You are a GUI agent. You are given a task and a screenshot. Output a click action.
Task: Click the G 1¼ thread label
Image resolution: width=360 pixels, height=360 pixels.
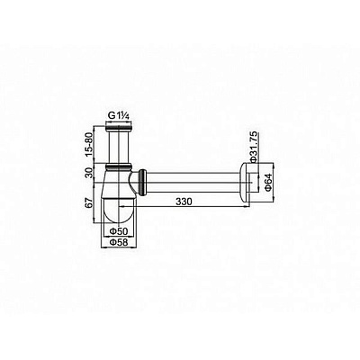click(120, 115)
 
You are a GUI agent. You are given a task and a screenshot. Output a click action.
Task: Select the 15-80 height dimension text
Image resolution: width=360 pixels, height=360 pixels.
click(89, 145)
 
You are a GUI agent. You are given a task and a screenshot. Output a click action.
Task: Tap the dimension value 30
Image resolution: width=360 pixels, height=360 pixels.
click(89, 173)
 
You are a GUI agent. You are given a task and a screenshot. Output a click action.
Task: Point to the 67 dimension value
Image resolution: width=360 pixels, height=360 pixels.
click(89, 202)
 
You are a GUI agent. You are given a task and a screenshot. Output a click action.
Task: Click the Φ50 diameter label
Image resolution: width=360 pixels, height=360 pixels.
click(119, 231)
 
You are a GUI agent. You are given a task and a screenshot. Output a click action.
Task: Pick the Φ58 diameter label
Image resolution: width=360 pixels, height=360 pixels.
click(119, 243)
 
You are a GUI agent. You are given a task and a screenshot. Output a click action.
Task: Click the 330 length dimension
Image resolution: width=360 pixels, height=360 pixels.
click(184, 202)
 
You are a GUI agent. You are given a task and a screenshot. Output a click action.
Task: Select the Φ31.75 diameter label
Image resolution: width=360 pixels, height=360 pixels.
click(254, 147)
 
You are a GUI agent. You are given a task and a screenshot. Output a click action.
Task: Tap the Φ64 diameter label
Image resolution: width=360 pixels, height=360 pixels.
click(268, 182)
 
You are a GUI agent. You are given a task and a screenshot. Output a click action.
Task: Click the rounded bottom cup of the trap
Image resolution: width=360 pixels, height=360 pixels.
click(119, 210)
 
